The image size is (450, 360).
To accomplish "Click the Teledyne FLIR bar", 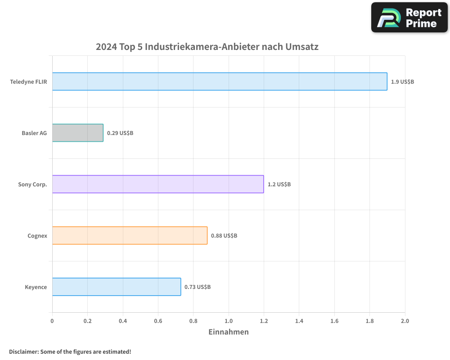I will tap(220, 81).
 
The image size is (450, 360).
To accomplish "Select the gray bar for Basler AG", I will tap(78, 133).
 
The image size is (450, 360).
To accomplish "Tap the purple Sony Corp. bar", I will tap(158, 184).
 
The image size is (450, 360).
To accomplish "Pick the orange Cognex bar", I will tap(130, 235).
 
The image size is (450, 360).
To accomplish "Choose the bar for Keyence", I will tap(117, 287).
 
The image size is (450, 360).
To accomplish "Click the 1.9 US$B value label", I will tap(402, 82).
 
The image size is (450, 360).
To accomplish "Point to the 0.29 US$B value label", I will tap(120, 133).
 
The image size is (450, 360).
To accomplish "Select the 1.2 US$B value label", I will tap(279, 184).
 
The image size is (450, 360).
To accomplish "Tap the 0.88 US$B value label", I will tap(224, 236).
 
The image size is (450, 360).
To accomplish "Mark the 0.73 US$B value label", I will tap(198, 287).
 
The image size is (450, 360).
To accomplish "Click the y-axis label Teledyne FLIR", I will tap(28, 82).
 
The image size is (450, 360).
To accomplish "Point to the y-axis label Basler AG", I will tap(34, 133).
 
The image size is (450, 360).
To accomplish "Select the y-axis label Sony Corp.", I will tap(32, 184).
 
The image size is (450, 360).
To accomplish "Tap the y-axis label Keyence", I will tap(36, 287).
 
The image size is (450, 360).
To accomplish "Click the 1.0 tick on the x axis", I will tap(229, 321).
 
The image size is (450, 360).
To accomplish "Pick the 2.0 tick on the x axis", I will tap(405, 321).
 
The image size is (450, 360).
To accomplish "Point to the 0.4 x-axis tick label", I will tap(123, 321).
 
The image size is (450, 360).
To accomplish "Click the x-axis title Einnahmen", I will tap(229, 332).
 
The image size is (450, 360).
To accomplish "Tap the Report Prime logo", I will tap(409, 18).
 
